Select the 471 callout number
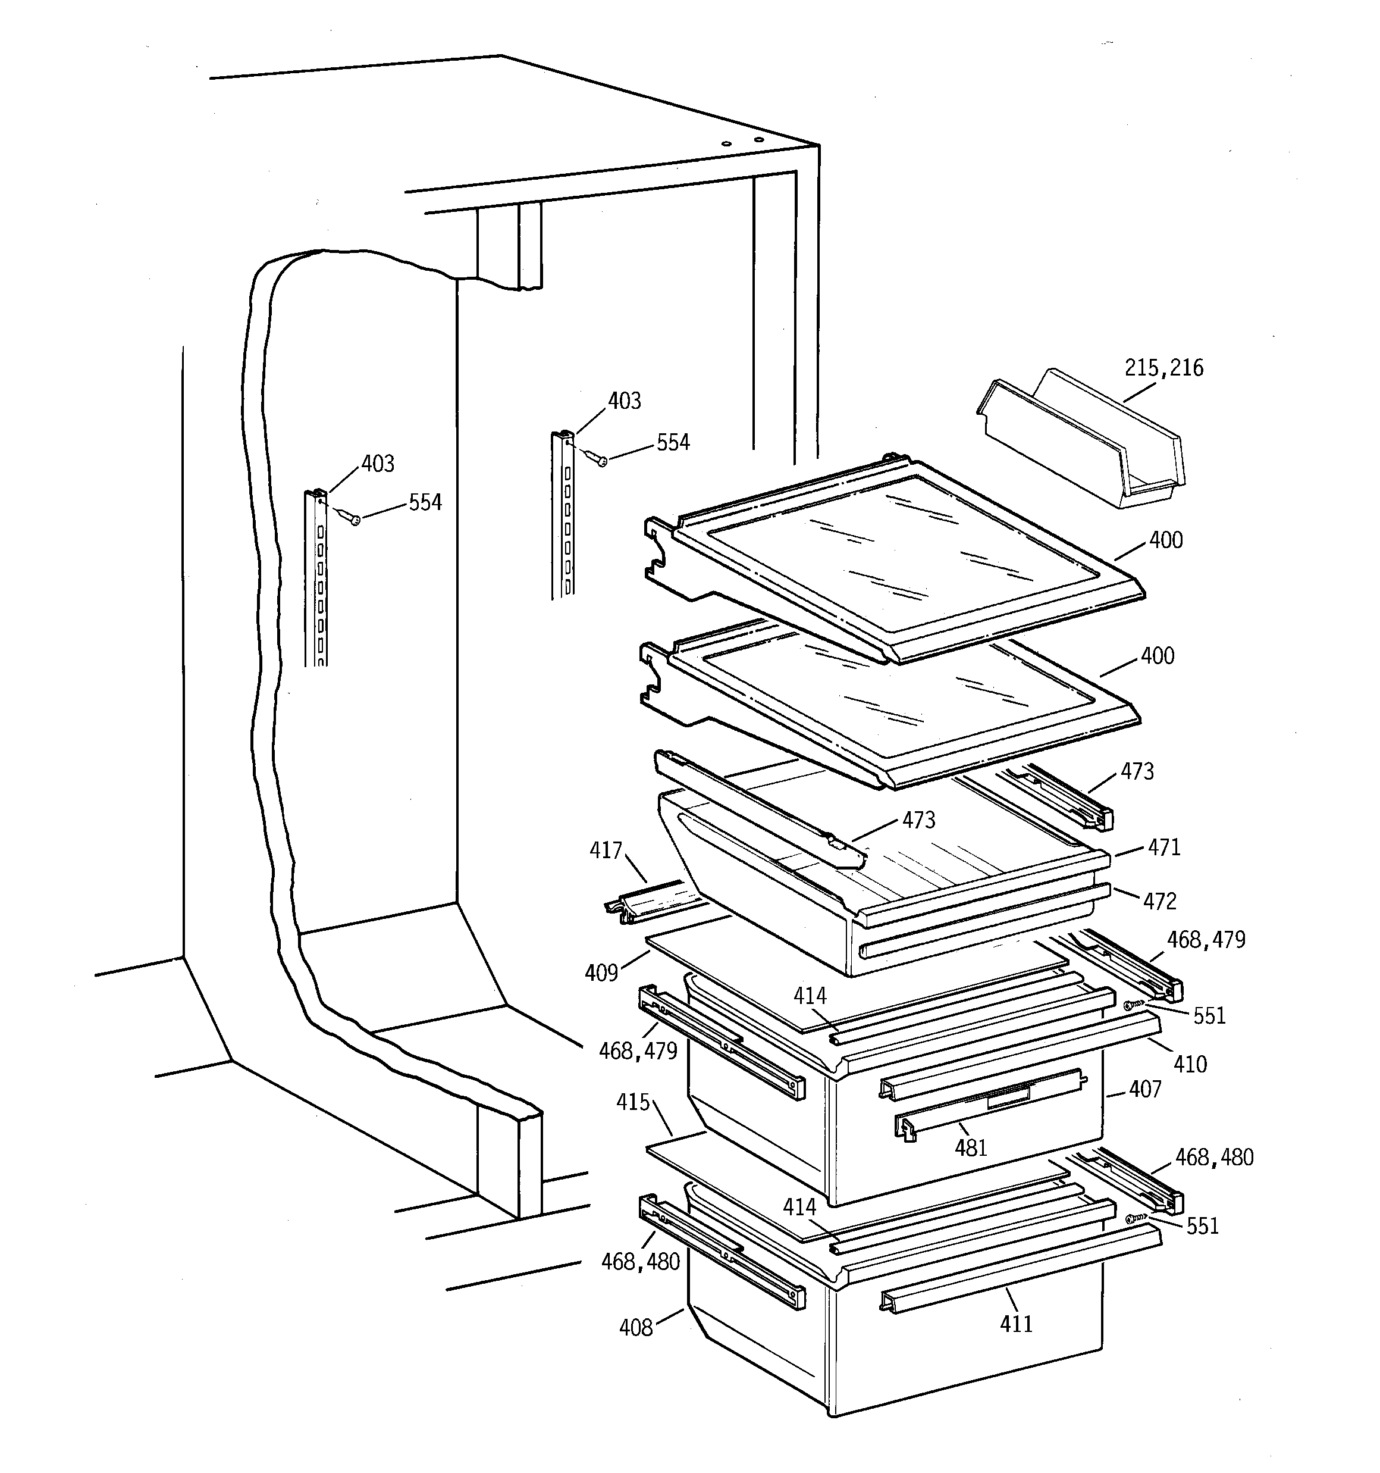click(1163, 847)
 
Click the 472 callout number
click(1159, 901)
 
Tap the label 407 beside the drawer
click(1145, 1089)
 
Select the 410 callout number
click(1190, 1065)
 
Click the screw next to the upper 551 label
click(1132, 1005)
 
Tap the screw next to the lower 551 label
click(1133, 1218)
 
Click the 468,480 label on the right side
click(1214, 1158)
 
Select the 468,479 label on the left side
click(638, 1050)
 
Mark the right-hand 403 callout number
click(624, 401)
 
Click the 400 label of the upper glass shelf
click(1165, 540)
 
